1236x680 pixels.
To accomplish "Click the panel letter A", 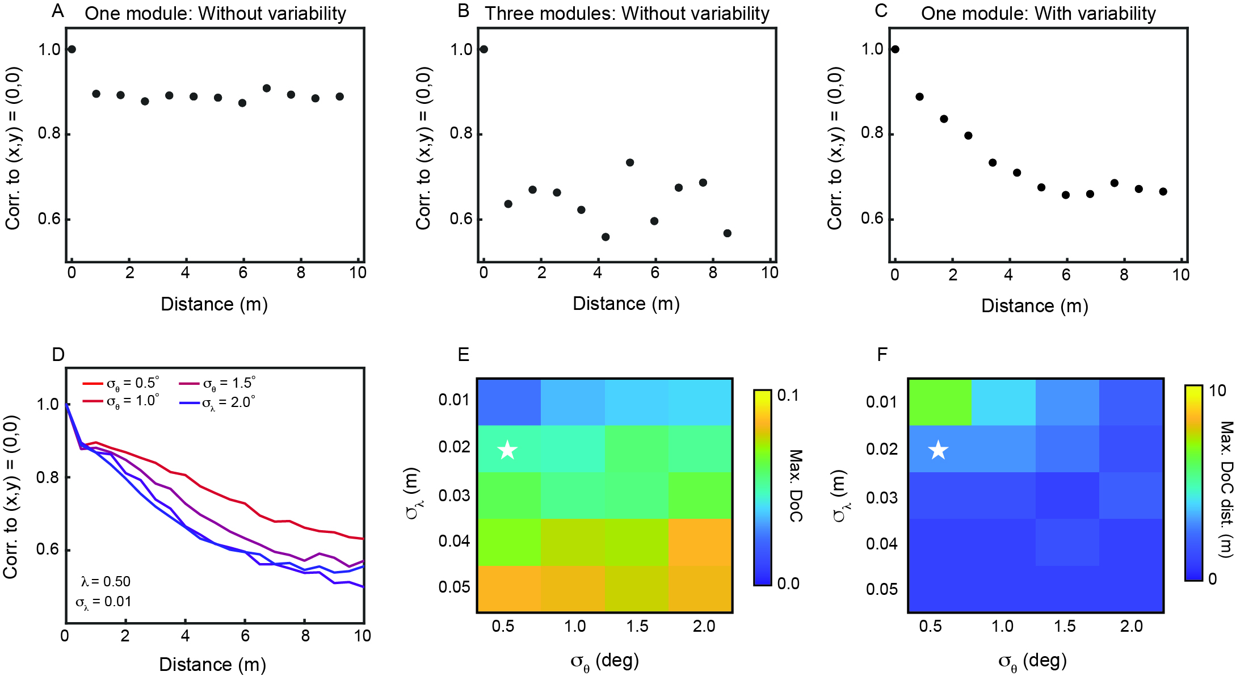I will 57,11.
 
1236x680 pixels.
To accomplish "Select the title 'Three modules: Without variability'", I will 627,14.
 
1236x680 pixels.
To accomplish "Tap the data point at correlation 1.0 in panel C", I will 895,49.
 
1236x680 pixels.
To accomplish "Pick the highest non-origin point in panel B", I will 630,163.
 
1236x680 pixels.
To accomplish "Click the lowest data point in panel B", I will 606,237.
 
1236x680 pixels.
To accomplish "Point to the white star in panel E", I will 507,450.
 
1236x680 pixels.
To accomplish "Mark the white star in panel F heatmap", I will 938,450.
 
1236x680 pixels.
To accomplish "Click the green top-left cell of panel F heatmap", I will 940,402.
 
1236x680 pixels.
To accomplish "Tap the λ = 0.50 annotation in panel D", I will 106,581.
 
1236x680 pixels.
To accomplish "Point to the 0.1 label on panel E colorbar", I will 788,396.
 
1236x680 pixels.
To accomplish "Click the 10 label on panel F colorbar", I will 1217,391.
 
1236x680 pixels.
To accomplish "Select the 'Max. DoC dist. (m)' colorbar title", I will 1226,489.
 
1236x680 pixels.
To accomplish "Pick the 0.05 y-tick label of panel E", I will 454,587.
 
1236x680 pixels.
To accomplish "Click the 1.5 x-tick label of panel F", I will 1065,626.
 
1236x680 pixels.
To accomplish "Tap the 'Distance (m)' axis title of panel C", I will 1035,306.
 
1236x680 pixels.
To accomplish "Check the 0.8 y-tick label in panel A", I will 49,133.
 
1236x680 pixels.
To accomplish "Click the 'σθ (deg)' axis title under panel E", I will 605,661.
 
